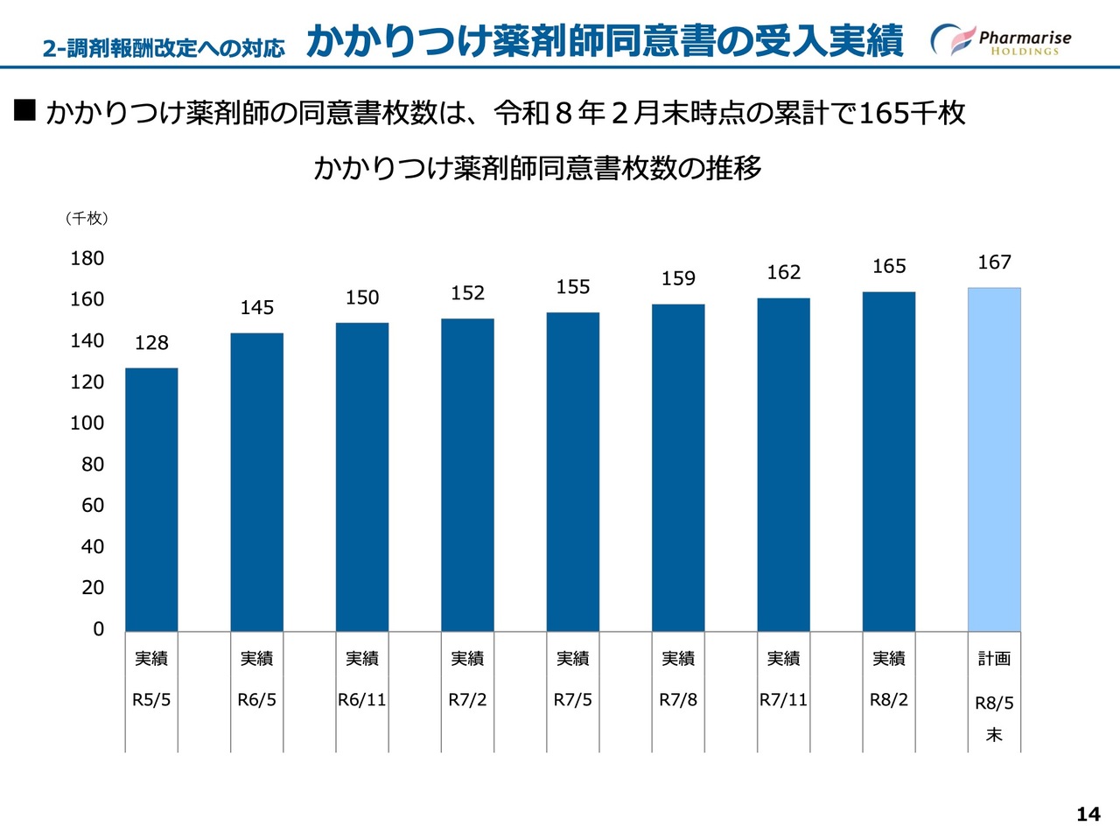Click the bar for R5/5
click(x=151, y=499)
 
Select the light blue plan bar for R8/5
click(x=994, y=459)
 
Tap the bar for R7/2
click(x=467, y=474)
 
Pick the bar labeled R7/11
click(x=783, y=465)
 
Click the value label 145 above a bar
click(x=257, y=308)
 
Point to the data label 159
click(x=678, y=279)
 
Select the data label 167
click(x=994, y=262)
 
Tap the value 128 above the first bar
click(x=151, y=343)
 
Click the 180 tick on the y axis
click(x=87, y=258)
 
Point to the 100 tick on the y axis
click(x=87, y=423)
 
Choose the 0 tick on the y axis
click(x=98, y=629)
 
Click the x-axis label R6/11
click(x=362, y=700)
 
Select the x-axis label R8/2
click(x=889, y=700)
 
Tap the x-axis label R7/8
click(x=678, y=700)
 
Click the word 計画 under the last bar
click(x=994, y=659)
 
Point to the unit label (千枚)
click(x=87, y=219)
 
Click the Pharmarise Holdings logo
click(x=1002, y=40)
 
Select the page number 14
click(x=1088, y=815)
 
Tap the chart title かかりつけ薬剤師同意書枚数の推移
click(x=537, y=167)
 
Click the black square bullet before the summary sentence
click(x=24, y=110)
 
